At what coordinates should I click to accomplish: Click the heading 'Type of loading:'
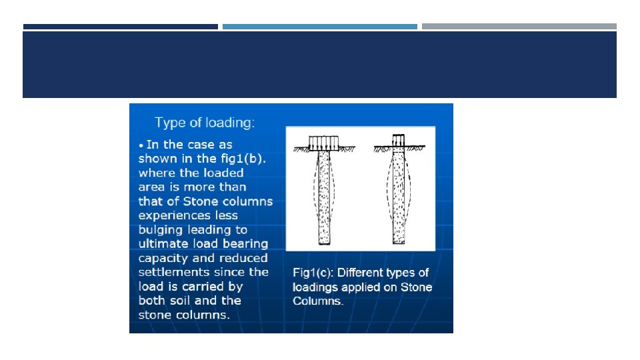point(205,123)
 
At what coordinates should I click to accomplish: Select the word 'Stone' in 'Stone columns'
point(199,201)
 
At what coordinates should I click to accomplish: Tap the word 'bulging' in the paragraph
point(161,230)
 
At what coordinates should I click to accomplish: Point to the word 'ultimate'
point(161,244)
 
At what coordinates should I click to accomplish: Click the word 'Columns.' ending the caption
point(318,301)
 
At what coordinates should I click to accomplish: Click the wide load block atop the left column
point(324,143)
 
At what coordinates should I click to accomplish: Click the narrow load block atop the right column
point(399,141)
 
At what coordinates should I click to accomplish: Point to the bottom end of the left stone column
point(325,244)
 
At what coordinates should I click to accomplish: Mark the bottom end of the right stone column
point(399,243)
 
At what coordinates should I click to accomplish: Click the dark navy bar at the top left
point(121,27)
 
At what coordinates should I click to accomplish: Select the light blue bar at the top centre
point(320,27)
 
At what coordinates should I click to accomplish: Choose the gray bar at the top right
point(519,27)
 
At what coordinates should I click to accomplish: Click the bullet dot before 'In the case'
point(141,146)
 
